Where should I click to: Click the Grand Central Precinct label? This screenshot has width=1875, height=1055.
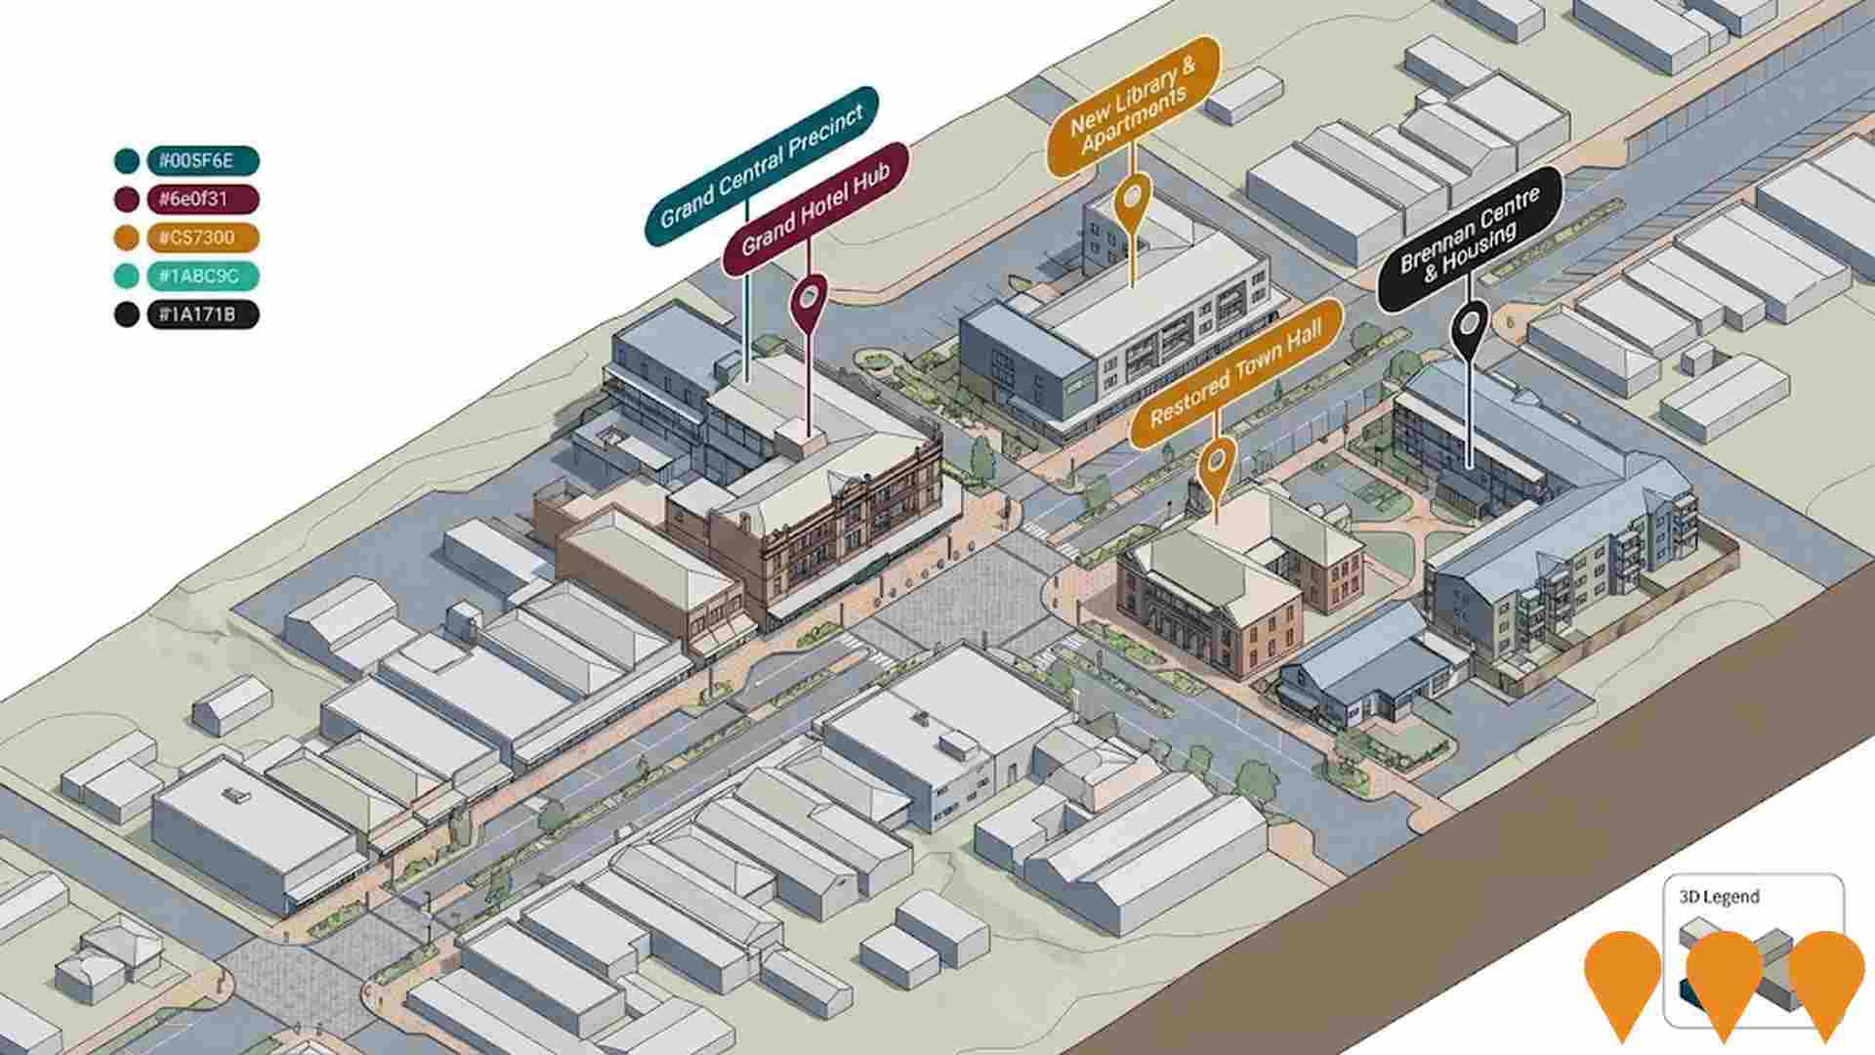(762, 166)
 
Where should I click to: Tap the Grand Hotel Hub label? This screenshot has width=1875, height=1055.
(815, 211)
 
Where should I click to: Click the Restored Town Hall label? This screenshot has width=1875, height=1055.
(1236, 375)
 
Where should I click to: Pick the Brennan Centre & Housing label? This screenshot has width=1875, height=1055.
(1469, 240)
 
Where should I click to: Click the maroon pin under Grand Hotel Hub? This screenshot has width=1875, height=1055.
(810, 299)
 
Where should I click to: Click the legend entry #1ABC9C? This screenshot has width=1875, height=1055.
(202, 276)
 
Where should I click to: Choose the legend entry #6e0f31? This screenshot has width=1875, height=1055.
(202, 199)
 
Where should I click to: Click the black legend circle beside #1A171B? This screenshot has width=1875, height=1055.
(126, 315)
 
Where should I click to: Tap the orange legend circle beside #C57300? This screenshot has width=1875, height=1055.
(126, 237)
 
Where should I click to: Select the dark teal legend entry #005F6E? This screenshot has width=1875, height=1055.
(202, 161)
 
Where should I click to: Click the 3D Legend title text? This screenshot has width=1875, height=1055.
(1719, 897)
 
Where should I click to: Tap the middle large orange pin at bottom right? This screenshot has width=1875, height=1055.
(1724, 977)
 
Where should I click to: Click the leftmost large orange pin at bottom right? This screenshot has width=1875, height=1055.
(1622, 977)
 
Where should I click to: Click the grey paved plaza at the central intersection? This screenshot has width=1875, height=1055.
(962, 596)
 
